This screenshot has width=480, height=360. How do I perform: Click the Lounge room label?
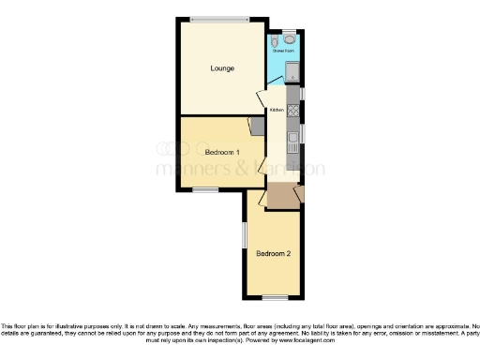pos(222,68)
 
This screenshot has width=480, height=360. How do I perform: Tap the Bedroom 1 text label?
pos(222,152)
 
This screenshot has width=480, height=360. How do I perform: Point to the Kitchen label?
pos(277,111)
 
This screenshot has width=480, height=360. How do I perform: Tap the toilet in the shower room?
pos(290,40)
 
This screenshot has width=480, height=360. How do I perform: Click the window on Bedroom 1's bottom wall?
pos(205,190)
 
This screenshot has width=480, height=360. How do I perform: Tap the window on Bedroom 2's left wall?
pos(245,235)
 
